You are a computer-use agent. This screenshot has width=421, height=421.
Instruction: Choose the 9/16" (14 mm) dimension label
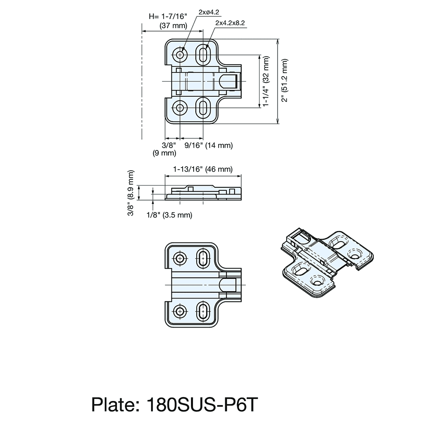tap(209, 145)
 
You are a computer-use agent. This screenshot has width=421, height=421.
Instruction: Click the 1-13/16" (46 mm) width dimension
tap(203, 169)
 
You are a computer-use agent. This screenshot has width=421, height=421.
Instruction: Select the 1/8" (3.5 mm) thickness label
tap(169, 215)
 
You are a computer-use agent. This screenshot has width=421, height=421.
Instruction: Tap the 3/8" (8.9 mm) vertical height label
tap(131, 193)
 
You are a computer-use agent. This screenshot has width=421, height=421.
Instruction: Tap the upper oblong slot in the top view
tap(203, 54)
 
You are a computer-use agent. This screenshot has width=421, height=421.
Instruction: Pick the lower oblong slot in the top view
tap(203, 108)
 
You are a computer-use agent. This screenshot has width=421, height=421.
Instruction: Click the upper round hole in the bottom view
tap(180, 258)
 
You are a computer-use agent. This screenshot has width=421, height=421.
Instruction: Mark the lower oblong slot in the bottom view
tap(203, 312)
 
